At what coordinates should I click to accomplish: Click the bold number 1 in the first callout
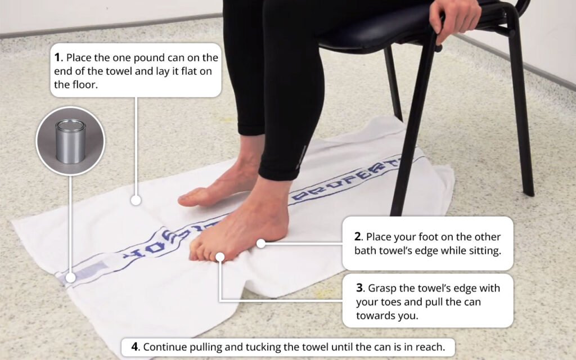tap(57, 58)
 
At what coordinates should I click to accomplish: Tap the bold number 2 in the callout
tap(358, 237)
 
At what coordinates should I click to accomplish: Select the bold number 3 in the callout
tap(360, 288)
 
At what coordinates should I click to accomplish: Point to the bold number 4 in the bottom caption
tap(134, 347)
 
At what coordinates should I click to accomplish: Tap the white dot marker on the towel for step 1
tap(135, 200)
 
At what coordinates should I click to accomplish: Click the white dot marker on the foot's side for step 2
tap(260, 244)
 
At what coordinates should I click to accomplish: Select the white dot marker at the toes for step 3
tap(220, 257)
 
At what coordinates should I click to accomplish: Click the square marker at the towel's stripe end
tap(70, 277)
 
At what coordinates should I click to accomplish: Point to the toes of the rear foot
tap(188, 198)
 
